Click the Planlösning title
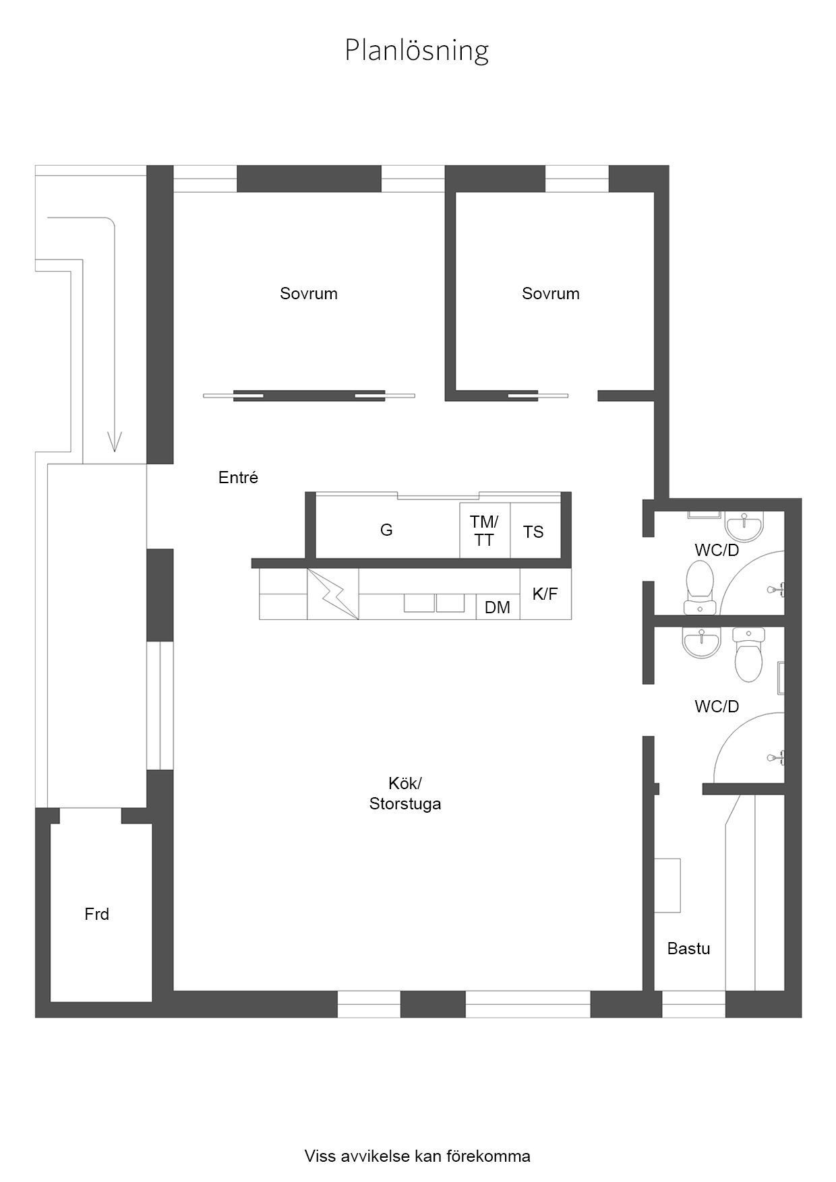417,51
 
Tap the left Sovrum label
309,294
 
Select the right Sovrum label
551,294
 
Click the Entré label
239,478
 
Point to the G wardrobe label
386,530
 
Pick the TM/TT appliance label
484,531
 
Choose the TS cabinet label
533,532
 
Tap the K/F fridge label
545,594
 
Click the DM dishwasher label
498,608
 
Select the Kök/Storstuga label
405,794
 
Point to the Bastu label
689,949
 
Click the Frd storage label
97,914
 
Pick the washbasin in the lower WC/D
702,643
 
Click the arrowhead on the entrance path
115,442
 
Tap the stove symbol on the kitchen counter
333,594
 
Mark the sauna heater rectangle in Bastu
667,885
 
